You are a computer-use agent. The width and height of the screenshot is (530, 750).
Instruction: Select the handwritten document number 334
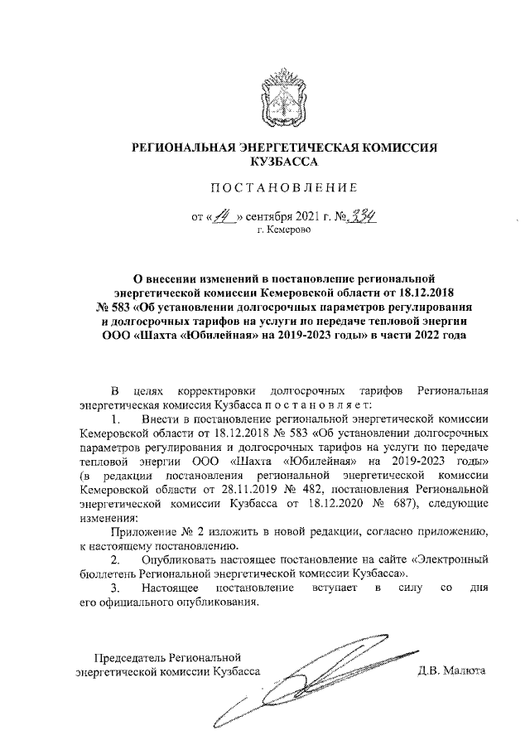tap(362, 216)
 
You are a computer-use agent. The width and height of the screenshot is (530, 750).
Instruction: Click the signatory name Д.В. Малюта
tap(451, 670)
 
